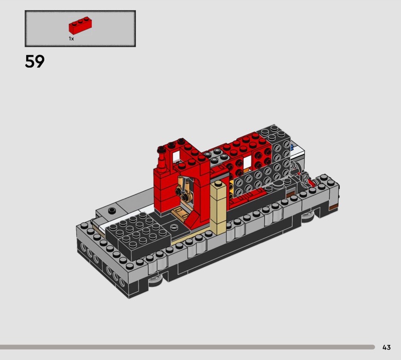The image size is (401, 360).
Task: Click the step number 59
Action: [x=35, y=61]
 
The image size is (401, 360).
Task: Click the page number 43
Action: [x=386, y=347]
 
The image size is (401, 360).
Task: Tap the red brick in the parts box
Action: [x=80, y=26]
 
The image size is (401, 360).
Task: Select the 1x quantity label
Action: [x=71, y=39]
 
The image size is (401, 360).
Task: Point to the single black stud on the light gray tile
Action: [x=112, y=211]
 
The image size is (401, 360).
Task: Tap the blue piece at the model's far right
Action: [x=292, y=147]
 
